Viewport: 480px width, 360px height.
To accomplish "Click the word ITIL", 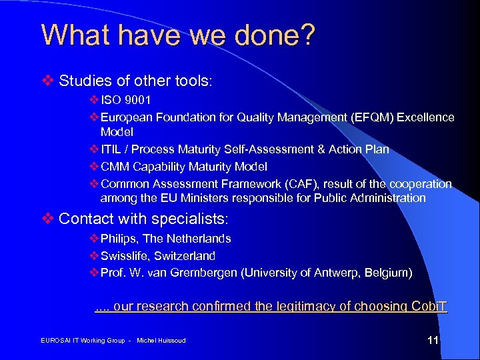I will [112, 149].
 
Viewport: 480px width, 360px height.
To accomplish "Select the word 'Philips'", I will [119, 239].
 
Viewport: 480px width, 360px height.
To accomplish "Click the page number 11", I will [433, 341].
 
